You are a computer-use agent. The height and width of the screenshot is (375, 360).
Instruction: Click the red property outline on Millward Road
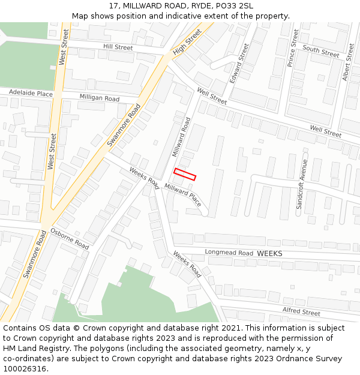(x=185, y=174)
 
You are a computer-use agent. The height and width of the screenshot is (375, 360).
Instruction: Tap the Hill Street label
(x=118, y=47)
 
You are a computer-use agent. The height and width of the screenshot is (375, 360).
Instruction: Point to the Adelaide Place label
(x=31, y=94)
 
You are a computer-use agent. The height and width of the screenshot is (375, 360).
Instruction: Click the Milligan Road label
(x=100, y=98)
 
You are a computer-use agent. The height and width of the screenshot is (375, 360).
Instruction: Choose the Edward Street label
(x=239, y=63)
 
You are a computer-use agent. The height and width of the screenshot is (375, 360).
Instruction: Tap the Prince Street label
(x=293, y=47)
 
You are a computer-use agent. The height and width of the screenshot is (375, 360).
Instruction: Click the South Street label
(x=321, y=51)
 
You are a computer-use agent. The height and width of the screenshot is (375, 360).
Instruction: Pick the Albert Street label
(x=348, y=62)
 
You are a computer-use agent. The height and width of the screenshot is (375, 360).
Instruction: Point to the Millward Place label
(x=183, y=196)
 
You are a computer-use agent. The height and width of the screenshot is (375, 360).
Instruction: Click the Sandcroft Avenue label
(x=302, y=184)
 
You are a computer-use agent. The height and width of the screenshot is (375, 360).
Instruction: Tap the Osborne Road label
(x=70, y=239)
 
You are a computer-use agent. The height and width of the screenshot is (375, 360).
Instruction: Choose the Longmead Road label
(x=229, y=253)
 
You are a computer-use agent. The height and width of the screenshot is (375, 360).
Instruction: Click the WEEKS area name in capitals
(x=269, y=254)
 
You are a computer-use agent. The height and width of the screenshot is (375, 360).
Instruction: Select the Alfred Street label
(x=301, y=311)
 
